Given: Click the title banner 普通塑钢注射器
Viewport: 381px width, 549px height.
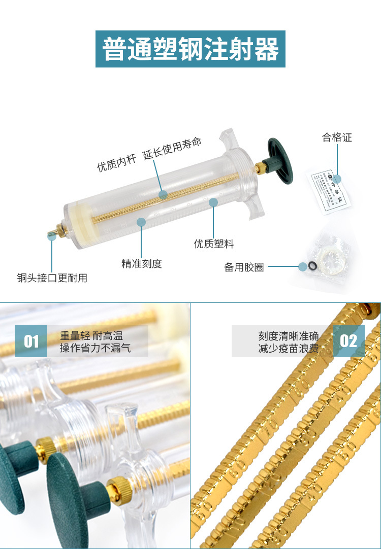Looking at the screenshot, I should point(190,49).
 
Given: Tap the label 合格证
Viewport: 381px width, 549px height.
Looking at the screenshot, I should point(337,138).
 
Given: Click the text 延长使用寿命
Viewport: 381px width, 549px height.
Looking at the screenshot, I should point(172,148).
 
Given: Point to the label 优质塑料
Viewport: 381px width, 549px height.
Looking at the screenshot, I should point(214,244).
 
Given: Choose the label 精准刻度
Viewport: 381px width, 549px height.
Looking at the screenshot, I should point(141,264).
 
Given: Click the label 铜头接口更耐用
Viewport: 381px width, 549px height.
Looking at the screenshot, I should point(52,278).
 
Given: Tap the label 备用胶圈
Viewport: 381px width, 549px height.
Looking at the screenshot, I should point(244,267).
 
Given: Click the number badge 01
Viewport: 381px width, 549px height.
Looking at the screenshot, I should point(31,341).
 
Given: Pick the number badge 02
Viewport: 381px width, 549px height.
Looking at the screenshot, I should point(349,341).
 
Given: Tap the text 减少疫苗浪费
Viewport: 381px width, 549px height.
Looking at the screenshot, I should point(288,349).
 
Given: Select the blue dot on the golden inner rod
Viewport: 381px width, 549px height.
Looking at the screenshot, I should point(163,194).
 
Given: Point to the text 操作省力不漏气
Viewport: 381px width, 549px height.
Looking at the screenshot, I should point(95,349).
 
